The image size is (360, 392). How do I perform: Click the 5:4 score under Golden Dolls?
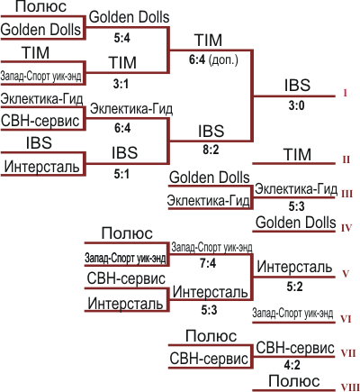(122, 38)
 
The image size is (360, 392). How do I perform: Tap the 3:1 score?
(121, 84)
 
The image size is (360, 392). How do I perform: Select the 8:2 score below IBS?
(211, 150)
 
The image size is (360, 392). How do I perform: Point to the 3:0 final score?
(296, 105)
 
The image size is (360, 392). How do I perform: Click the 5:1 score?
(121, 174)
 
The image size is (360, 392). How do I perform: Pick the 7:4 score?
(208, 263)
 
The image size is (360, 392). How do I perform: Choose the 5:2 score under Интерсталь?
(294, 287)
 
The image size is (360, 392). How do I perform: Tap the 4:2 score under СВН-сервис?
(292, 365)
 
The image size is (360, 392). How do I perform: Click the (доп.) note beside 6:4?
(223, 60)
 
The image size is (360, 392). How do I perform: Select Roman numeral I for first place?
(345, 93)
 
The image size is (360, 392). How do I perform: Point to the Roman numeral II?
(346, 160)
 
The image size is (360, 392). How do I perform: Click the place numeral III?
(346, 194)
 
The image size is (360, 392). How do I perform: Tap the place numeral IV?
(346, 228)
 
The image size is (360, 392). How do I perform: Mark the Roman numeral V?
(346, 274)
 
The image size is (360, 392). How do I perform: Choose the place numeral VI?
(346, 319)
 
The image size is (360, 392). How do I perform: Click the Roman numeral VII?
(348, 353)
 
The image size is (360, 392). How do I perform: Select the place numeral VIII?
(350, 387)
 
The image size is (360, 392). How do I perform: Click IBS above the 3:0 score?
(297, 85)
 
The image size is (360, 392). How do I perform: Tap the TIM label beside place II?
(297, 154)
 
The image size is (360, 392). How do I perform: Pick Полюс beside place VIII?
(294, 381)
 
